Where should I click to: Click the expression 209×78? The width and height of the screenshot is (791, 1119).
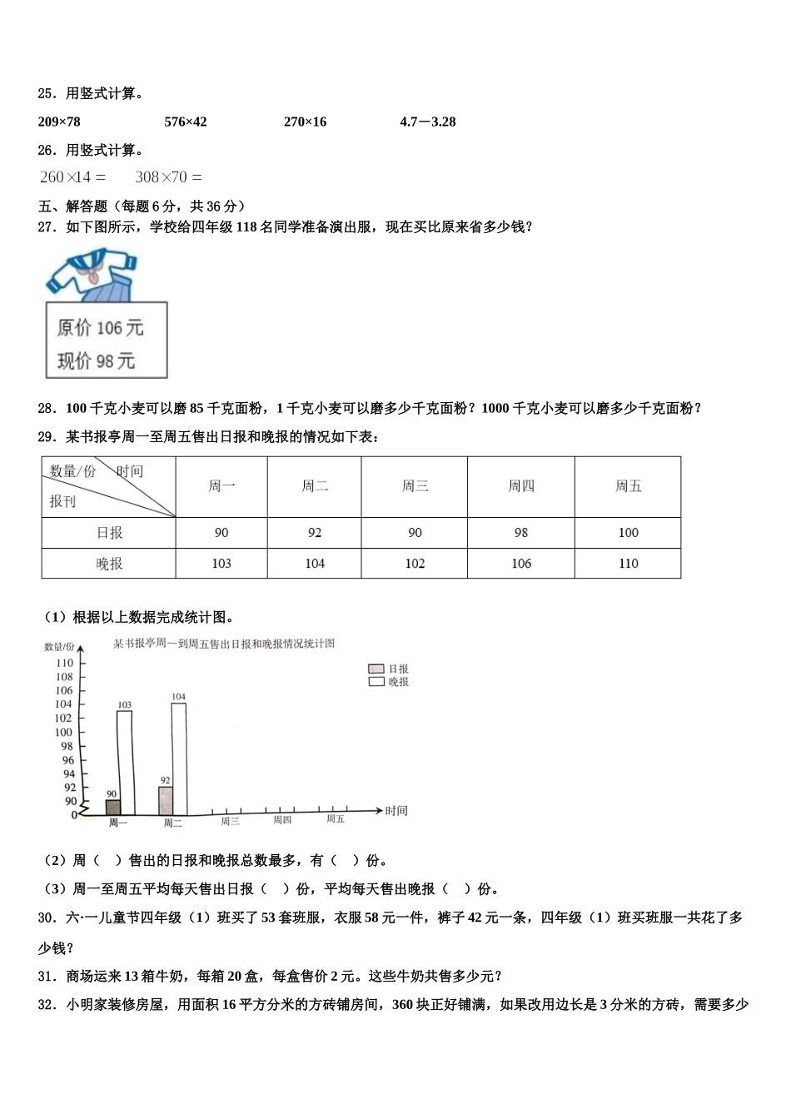[x=59, y=122]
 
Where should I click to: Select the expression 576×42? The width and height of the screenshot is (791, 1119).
[x=186, y=122]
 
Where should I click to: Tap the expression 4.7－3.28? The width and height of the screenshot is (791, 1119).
[x=427, y=122]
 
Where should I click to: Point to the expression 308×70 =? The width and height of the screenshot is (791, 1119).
[x=168, y=177]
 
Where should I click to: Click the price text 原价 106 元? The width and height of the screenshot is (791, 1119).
[x=100, y=328]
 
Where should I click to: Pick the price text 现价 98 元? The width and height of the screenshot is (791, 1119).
[x=96, y=361]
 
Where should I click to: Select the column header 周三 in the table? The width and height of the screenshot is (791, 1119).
[x=415, y=486]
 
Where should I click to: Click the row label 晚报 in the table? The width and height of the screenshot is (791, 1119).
[x=109, y=564]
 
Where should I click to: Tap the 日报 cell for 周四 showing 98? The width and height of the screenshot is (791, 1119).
[x=521, y=533]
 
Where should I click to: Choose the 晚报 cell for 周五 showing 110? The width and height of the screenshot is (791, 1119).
[x=628, y=564]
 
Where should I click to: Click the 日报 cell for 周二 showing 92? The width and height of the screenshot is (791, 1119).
[x=315, y=533]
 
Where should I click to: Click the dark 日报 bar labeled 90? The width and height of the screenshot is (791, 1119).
[x=112, y=807]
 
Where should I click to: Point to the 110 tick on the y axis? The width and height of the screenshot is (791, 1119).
[x=65, y=664]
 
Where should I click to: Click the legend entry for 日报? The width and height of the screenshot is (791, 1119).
[x=388, y=669]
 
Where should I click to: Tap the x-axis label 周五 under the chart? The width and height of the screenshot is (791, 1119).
[x=336, y=819]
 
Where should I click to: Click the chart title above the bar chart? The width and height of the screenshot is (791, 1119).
[x=224, y=644]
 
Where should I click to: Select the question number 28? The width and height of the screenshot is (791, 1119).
[x=47, y=408]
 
